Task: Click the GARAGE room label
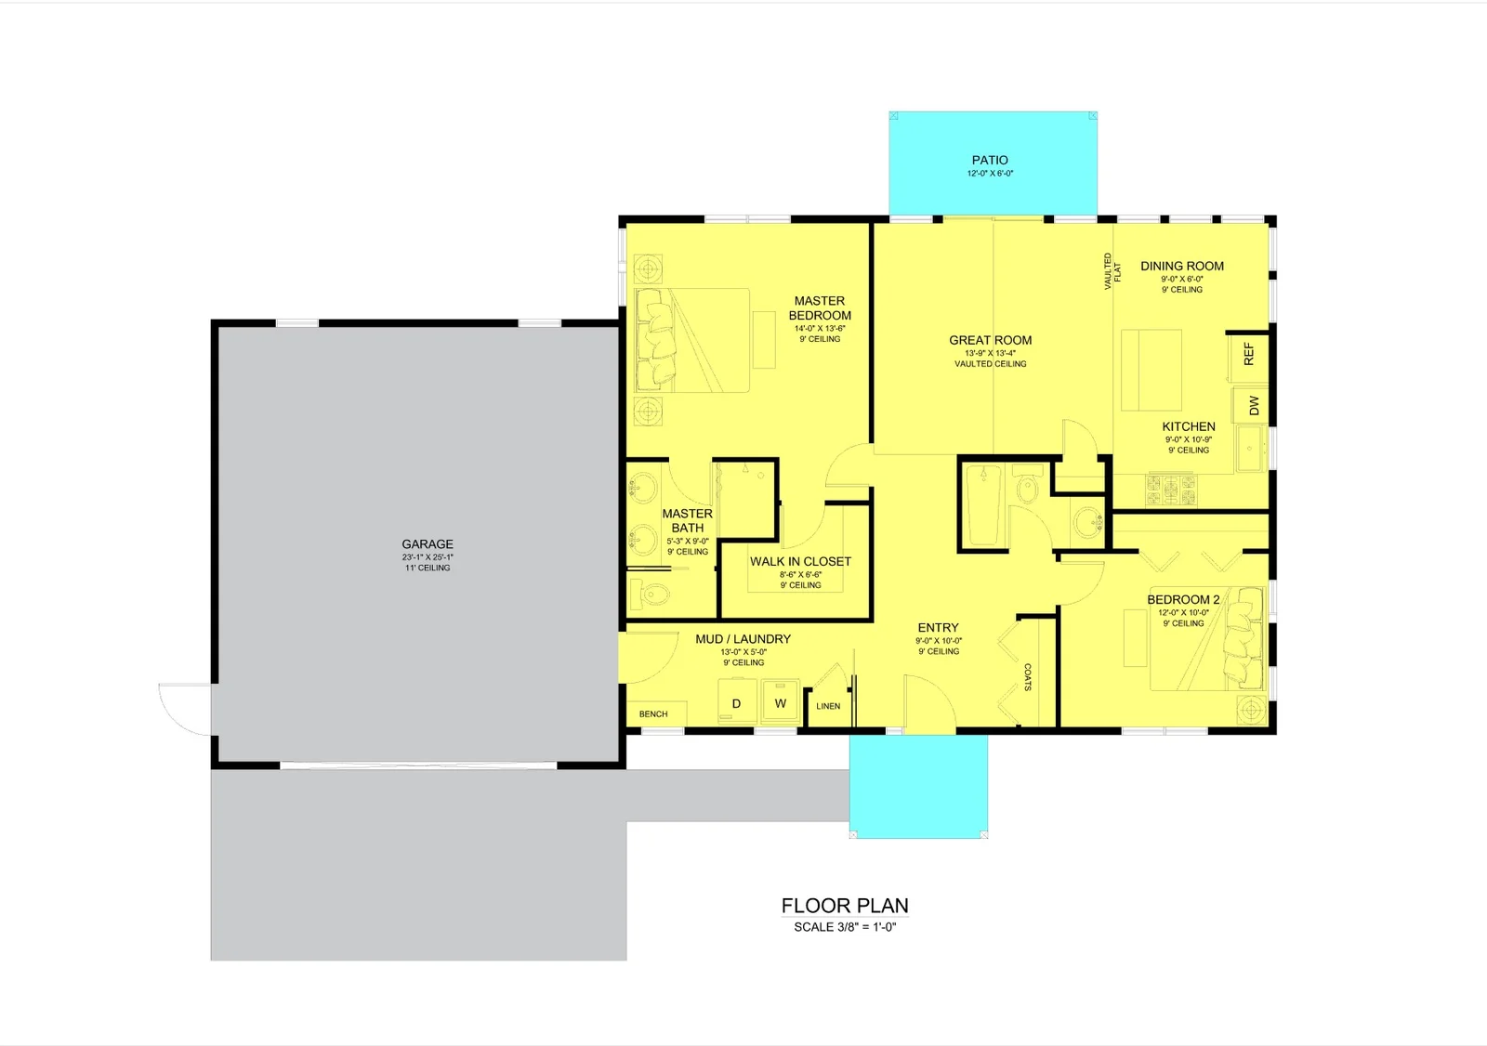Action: pyautogui.click(x=428, y=544)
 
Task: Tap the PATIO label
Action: pyautogui.click(x=990, y=160)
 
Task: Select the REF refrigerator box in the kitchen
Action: pyautogui.click(x=1249, y=357)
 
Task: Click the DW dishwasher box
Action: pyautogui.click(x=1251, y=406)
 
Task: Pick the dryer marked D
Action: pyautogui.click(x=737, y=701)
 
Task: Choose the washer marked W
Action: pyautogui.click(x=780, y=700)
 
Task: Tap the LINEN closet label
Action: pyautogui.click(x=828, y=706)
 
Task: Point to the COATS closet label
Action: pyautogui.click(x=1028, y=677)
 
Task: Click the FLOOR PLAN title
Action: pyautogui.click(x=845, y=906)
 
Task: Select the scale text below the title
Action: pyautogui.click(x=845, y=927)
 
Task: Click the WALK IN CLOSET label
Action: pyautogui.click(x=800, y=561)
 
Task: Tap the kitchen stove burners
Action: pyautogui.click(x=1171, y=490)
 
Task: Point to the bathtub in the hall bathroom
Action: pyautogui.click(x=983, y=505)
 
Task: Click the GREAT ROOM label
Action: pyautogui.click(x=990, y=341)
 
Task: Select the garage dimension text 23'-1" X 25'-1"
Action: pyautogui.click(x=428, y=557)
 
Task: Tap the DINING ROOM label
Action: pyautogui.click(x=1181, y=267)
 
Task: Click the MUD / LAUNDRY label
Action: pyautogui.click(x=743, y=639)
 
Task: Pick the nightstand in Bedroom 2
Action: pyautogui.click(x=1251, y=710)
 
